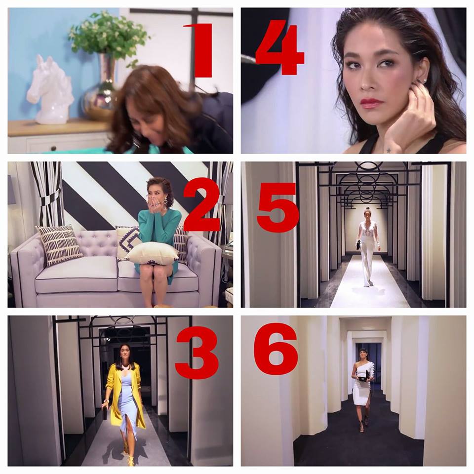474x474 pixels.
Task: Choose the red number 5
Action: pos(277,208)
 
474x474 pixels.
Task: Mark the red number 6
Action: pos(276,349)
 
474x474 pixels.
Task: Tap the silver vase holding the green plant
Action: pos(100,91)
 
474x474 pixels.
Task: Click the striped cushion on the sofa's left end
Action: pos(60,244)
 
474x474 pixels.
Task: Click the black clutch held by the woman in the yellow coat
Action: pos(105,413)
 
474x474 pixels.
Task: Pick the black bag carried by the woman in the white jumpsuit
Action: pos(358,244)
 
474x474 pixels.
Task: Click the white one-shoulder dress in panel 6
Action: pos(361,387)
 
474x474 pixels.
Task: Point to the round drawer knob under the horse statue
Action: pos(54,148)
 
